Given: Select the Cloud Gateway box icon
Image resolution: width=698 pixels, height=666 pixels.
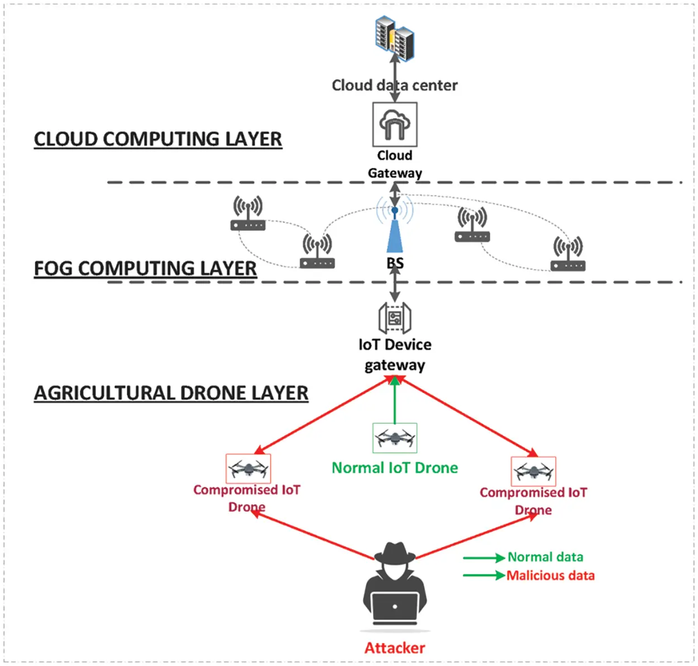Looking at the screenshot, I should click(x=395, y=124).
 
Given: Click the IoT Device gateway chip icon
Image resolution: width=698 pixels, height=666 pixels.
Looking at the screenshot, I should click(x=395, y=319).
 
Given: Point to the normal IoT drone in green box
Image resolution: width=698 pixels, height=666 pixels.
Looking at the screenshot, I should click(x=395, y=438).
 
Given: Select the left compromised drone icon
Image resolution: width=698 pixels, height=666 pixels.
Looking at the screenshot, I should click(x=248, y=468).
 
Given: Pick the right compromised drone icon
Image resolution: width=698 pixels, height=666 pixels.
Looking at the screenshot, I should click(x=533, y=472).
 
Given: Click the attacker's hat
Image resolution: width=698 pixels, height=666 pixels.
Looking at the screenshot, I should click(x=395, y=553).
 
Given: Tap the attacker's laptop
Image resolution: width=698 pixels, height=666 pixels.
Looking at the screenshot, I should click(x=395, y=608).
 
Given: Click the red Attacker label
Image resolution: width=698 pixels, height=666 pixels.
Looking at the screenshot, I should click(x=395, y=648).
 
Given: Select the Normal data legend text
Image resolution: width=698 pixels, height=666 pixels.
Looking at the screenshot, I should click(x=545, y=557).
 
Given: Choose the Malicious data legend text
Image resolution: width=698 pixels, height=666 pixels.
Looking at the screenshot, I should click(x=551, y=576).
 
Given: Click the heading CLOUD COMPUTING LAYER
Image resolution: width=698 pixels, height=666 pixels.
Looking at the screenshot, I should click(x=157, y=139).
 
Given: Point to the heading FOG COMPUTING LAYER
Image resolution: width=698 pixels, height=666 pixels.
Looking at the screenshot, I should click(x=145, y=269).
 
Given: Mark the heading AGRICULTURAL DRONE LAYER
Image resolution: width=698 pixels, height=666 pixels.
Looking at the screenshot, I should click(x=171, y=393).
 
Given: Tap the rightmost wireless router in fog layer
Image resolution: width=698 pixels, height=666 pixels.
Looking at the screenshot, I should click(x=568, y=255).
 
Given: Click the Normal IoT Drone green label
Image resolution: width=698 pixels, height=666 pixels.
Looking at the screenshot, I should click(x=395, y=468).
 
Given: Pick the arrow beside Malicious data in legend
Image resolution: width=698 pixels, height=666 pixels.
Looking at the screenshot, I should click(x=484, y=576).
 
